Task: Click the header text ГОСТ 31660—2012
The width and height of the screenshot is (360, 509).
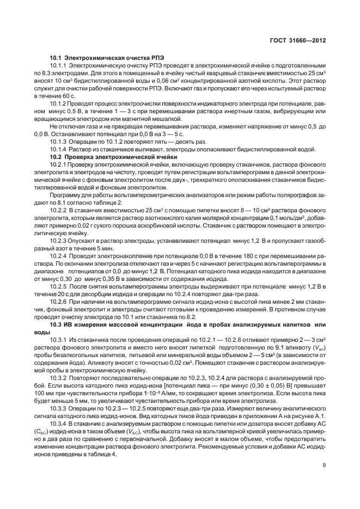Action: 300,40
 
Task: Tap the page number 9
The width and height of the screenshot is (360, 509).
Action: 324,465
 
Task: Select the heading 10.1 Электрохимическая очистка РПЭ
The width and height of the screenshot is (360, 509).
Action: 107,57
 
